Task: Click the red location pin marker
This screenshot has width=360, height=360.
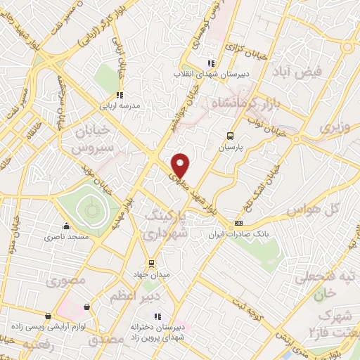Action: pos(181,165)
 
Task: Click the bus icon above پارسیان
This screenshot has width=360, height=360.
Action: pos(231,136)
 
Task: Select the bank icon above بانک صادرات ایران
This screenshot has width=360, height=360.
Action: pos(238,223)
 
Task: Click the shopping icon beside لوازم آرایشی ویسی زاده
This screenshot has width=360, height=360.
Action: pos(87,307)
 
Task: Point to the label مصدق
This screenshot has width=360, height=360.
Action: pos(106,340)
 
